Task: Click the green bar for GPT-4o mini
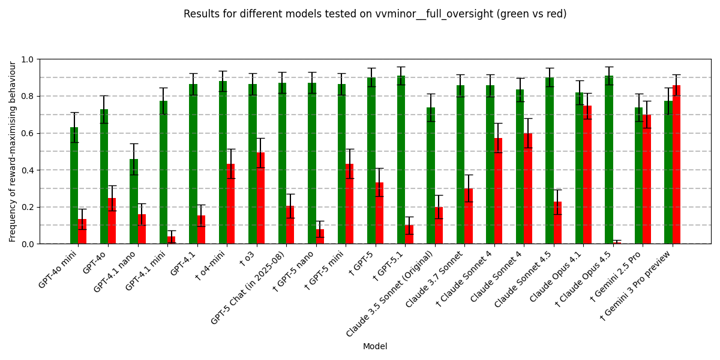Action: pos(74,186)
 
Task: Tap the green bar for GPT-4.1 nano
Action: pos(133,202)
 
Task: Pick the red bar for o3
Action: pos(260,198)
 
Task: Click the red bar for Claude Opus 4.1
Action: pos(587,175)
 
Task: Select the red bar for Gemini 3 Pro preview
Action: pos(676,164)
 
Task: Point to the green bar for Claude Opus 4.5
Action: pos(608,160)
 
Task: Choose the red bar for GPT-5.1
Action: pos(409,235)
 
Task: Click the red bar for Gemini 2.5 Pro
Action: pos(646,179)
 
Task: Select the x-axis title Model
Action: pos(375,347)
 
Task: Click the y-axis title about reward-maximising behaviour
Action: pos(13,151)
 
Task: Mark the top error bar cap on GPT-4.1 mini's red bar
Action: pos(171,230)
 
